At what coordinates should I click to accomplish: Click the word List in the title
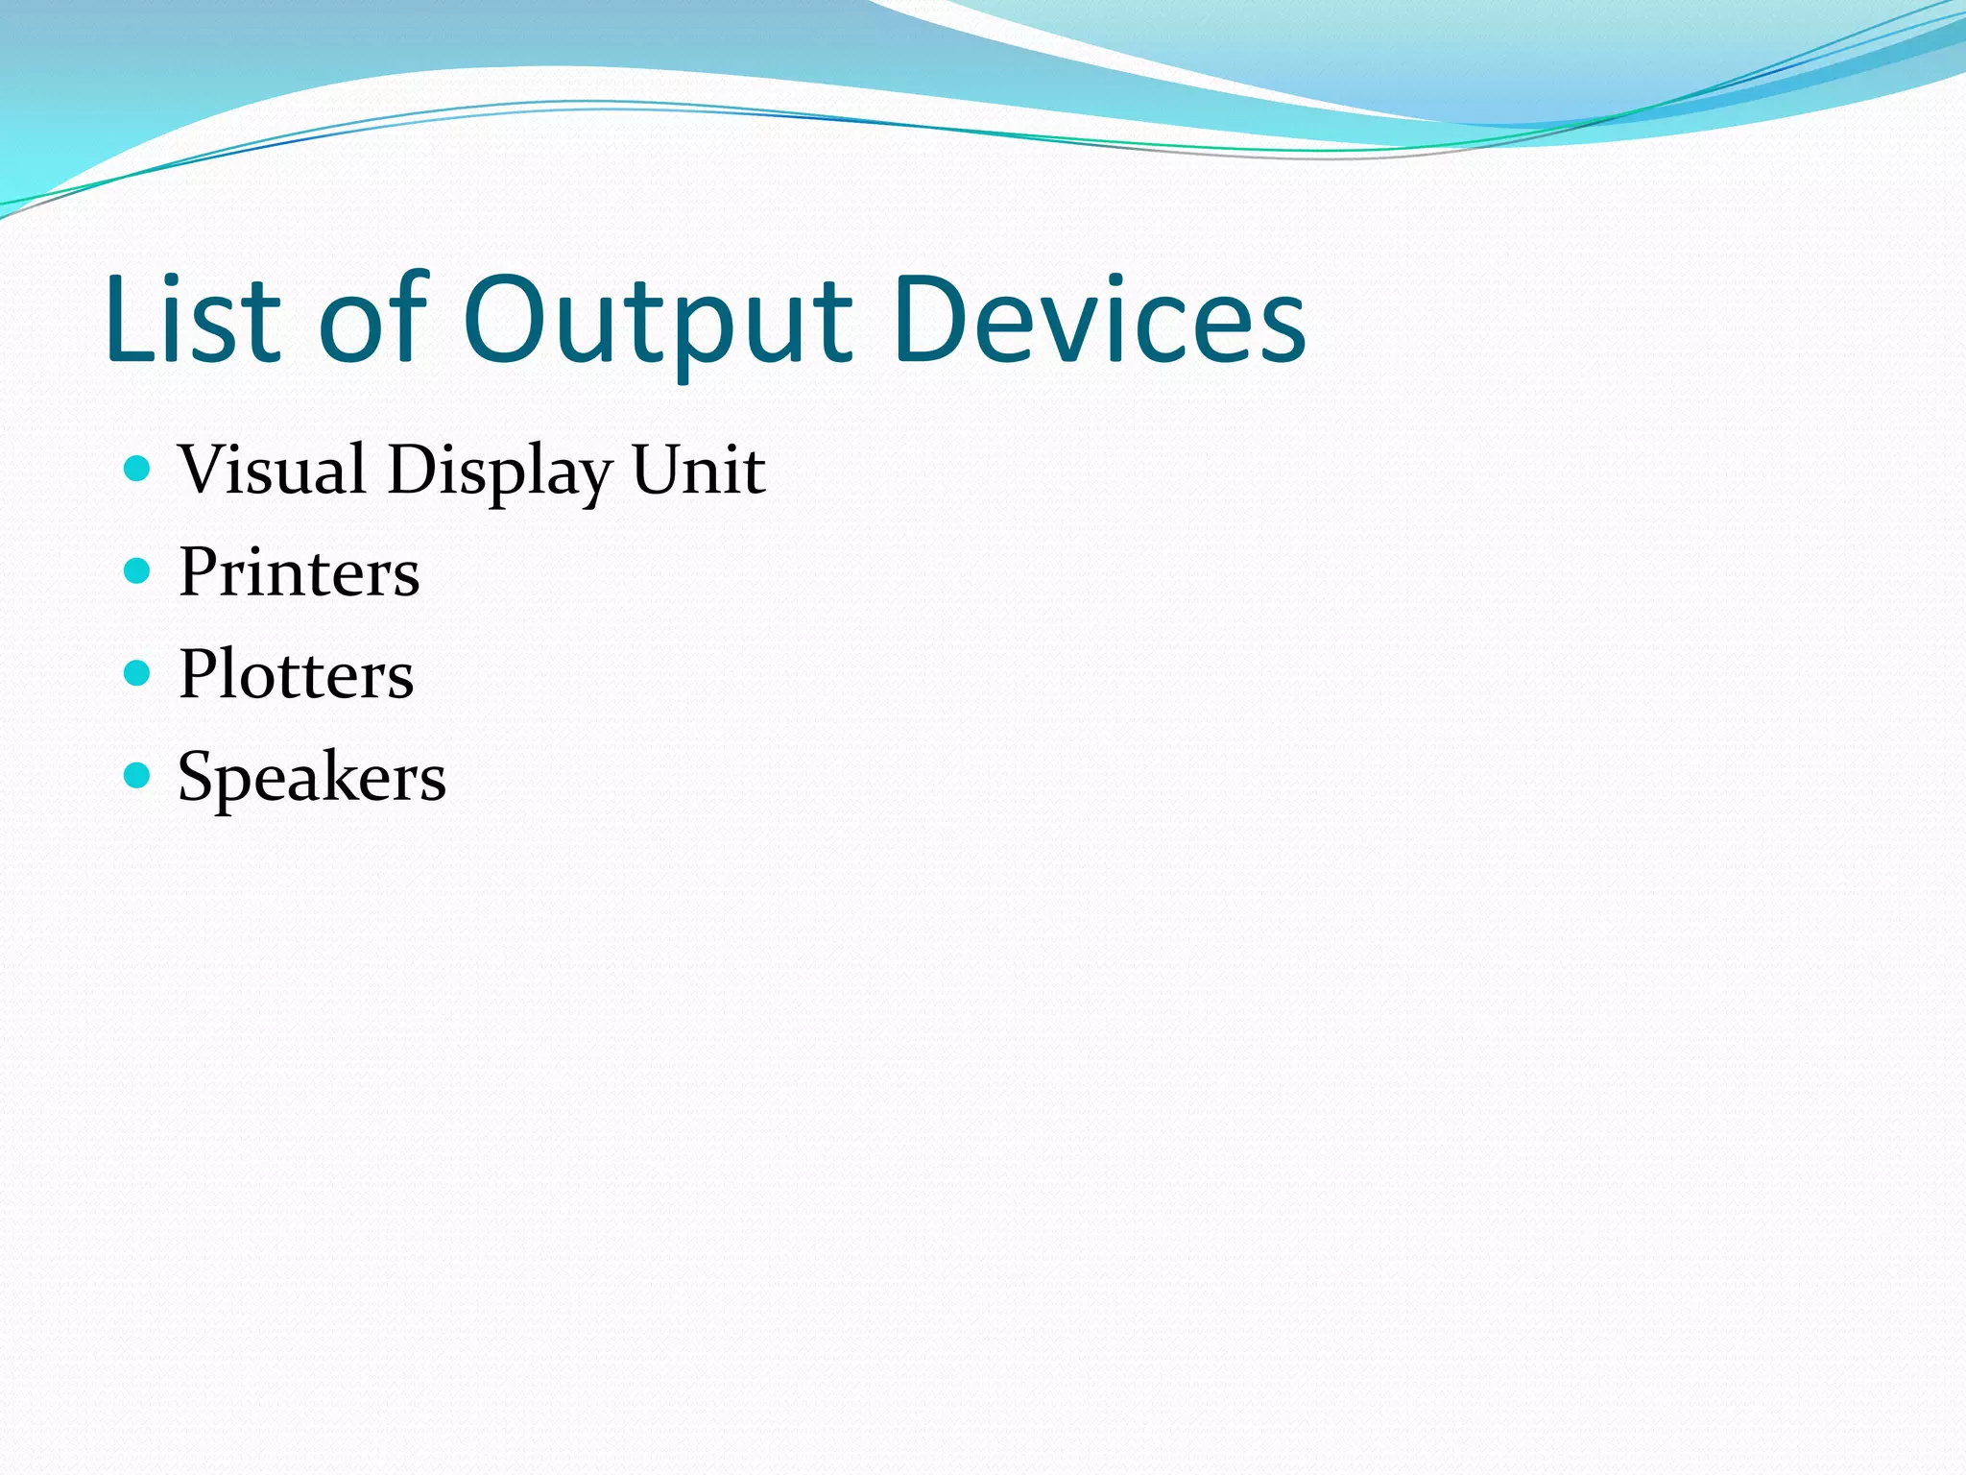pos(192,319)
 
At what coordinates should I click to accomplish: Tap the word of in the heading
pos(372,319)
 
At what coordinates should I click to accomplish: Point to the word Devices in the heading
pos(1098,319)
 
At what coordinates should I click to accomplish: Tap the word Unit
pos(698,470)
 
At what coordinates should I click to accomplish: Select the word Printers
pos(299,572)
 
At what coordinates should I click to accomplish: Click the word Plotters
pos(296,674)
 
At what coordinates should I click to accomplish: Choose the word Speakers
pos(311,777)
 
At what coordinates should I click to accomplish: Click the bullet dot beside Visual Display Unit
pos(138,469)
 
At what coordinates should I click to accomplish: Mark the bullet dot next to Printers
pos(138,571)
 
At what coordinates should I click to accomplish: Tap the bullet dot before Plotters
pos(138,673)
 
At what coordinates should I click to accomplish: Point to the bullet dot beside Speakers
pos(138,775)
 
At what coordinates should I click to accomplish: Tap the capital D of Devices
pos(932,319)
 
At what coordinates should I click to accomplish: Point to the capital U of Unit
pos(659,471)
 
